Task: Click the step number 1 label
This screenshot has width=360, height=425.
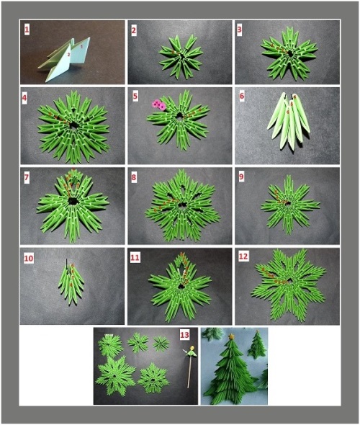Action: point(27,30)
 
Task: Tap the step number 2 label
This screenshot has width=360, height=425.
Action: point(133,30)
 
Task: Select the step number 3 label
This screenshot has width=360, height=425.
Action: point(239,30)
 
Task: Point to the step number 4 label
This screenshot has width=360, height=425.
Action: point(24,98)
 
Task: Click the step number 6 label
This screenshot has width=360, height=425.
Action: point(242,96)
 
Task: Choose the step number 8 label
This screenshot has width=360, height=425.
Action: point(134,177)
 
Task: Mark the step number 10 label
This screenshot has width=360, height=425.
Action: point(29,259)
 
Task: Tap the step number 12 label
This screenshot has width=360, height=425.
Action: point(243,256)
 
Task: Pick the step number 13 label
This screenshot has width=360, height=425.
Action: point(185,335)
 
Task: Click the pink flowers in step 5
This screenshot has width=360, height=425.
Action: point(158,105)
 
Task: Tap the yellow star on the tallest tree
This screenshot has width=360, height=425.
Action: point(232,336)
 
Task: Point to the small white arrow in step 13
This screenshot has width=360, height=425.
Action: point(184,351)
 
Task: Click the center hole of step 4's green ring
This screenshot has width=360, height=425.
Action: point(73,125)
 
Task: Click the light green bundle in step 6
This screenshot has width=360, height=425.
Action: point(289,121)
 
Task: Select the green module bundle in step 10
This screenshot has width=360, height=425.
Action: point(71,281)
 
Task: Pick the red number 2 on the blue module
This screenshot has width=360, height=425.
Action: point(69,55)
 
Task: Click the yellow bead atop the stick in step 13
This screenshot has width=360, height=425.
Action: point(192,348)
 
